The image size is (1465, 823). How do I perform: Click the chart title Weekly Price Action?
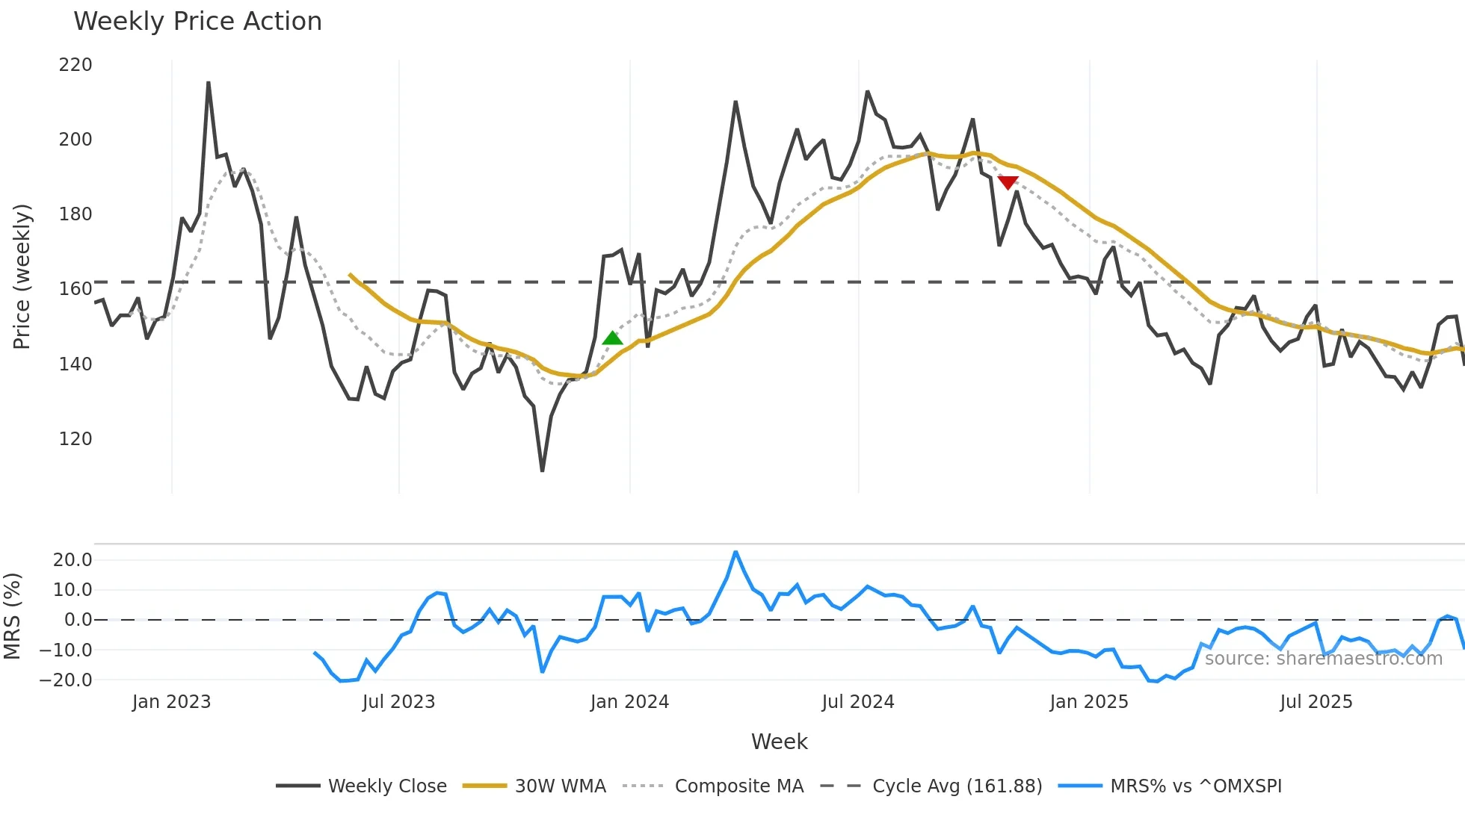point(197,22)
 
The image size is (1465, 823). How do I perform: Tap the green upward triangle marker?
point(612,338)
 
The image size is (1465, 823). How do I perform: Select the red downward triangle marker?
point(1008,182)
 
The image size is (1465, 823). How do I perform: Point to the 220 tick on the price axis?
point(75,65)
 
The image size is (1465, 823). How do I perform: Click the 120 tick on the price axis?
point(75,438)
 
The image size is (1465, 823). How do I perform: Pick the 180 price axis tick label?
point(75,214)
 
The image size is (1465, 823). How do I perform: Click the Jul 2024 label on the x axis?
point(857,702)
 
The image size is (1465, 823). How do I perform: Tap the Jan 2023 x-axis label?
point(171,702)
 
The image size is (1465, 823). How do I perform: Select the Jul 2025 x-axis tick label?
point(1316,702)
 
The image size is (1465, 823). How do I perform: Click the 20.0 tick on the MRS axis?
point(73,560)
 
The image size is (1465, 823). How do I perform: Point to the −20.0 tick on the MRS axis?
point(66,680)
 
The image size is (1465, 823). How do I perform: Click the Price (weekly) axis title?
point(22,276)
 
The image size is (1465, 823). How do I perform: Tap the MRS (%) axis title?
point(12,616)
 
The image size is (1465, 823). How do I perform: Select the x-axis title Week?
point(779,742)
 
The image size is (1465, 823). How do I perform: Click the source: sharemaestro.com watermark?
point(1323,659)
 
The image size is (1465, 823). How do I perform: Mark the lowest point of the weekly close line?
point(542,470)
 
